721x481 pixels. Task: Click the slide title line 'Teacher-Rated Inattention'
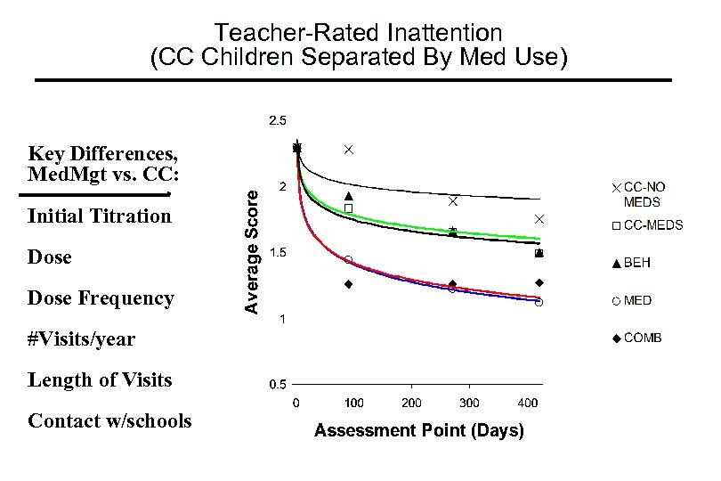tap(358, 33)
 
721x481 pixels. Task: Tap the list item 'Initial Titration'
tap(100, 216)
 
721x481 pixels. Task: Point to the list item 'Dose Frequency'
tap(101, 298)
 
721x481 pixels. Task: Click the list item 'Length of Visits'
tap(100, 380)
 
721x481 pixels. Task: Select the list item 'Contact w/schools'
tap(109, 420)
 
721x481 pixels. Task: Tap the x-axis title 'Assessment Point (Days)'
tap(419, 431)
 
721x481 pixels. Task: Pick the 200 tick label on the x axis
tap(411, 404)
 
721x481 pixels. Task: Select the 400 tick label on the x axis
tap(528, 404)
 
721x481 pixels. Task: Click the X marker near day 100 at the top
tap(349, 150)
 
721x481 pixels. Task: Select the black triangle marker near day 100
tap(349, 196)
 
